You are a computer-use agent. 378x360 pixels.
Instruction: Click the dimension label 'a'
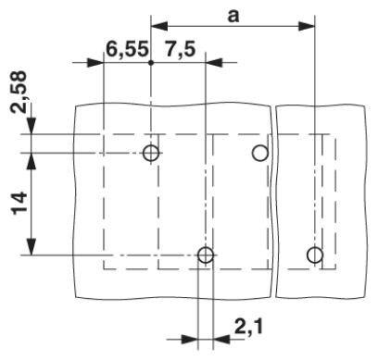coord(233,17)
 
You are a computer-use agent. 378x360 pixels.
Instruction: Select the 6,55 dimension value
coord(127,50)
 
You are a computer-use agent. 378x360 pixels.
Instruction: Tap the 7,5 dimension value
coord(181,50)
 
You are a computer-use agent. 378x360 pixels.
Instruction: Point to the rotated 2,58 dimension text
coord(19,93)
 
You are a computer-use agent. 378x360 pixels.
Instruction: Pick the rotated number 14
coord(19,203)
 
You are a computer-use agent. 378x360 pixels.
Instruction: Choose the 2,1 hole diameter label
coord(249,328)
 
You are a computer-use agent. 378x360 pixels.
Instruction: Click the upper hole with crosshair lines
coord(151,153)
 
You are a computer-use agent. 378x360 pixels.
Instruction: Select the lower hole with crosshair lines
coord(206,255)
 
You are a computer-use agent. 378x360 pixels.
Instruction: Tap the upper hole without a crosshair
coord(260,153)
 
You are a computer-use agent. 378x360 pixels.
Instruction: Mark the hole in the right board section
coord(315,255)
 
